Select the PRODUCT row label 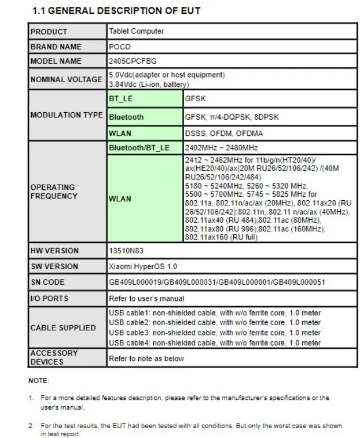coord(49,31)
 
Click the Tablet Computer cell coord(136,31)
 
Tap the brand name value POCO coord(120,46)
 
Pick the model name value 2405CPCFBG coord(133,61)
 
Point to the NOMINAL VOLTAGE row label coord(66,79)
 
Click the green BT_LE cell coord(121,99)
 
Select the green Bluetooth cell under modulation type coord(126,117)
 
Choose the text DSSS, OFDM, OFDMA coord(215,133)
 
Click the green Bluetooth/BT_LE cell coord(139,148)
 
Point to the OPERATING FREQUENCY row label coord(53,192)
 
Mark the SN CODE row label coord(47,282)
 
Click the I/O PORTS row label coord(49,299)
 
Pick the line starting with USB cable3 coord(214,333)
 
